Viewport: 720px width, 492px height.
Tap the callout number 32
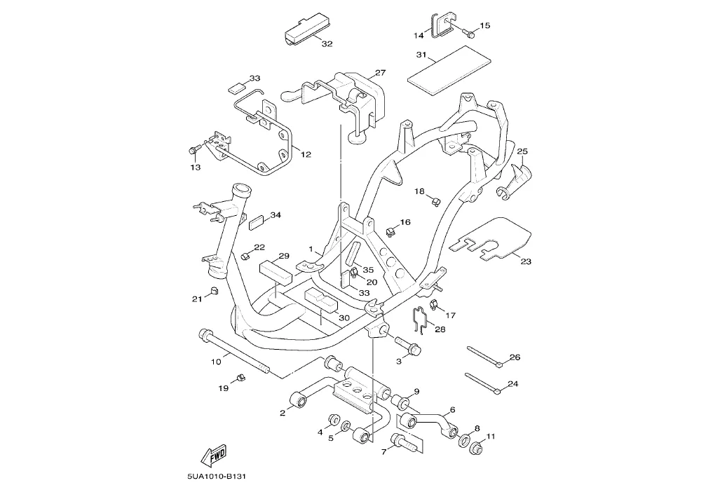(x=327, y=43)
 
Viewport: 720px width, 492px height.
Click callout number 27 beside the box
(x=380, y=73)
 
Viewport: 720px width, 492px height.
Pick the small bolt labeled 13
(x=193, y=151)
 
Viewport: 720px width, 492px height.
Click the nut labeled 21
(x=214, y=292)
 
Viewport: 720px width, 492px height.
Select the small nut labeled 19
(x=240, y=378)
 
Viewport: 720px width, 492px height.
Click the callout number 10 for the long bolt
(x=217, y=362)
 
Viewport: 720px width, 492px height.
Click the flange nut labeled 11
(x=476, y=448)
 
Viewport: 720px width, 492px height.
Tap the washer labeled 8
(x=465, y=440)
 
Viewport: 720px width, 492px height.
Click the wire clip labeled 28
(x=421, y=319)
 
